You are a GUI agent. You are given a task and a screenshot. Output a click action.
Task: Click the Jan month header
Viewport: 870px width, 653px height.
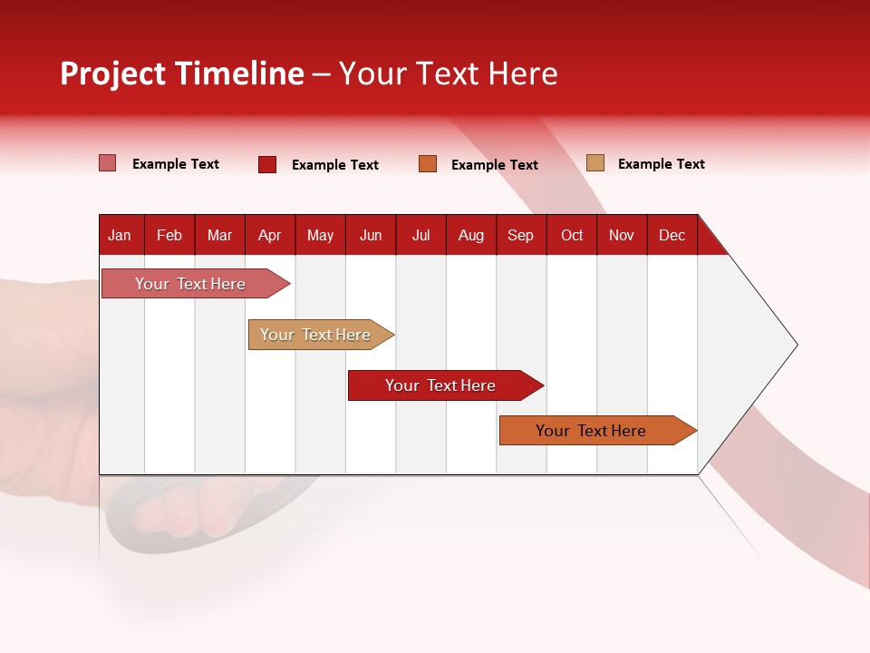click(120, 235)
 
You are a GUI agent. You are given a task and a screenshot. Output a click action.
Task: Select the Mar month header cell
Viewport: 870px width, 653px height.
click(219, 235)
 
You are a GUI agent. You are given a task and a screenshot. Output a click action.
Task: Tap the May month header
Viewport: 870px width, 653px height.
click(320, 235)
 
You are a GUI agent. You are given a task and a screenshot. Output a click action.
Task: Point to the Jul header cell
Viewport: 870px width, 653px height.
click(420, 235)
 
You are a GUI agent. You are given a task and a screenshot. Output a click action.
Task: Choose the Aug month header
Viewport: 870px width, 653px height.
click(471, 235)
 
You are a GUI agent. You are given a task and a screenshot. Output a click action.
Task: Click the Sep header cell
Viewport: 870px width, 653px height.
click(521, 235)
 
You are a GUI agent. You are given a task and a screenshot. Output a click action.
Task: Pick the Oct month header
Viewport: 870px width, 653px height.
click(572, 235)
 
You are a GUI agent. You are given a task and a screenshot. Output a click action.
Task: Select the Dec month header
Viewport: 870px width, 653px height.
click(672, 235)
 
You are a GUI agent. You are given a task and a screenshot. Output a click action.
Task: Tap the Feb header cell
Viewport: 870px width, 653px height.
click(169, 235)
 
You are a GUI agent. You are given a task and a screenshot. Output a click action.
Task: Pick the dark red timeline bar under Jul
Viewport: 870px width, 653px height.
click(441, 385)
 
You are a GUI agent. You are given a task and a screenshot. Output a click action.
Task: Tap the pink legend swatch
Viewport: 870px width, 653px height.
click(107, 163)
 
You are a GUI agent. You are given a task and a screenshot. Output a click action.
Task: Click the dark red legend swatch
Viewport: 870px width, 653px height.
click(267, 164)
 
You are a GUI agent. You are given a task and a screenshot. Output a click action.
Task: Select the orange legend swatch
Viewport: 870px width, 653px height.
click(428, 164)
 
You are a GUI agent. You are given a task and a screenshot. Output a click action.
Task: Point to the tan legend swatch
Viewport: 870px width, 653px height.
click(594, 163)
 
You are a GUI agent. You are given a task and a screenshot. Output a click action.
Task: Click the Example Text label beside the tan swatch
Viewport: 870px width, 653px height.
click(661, 164)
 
